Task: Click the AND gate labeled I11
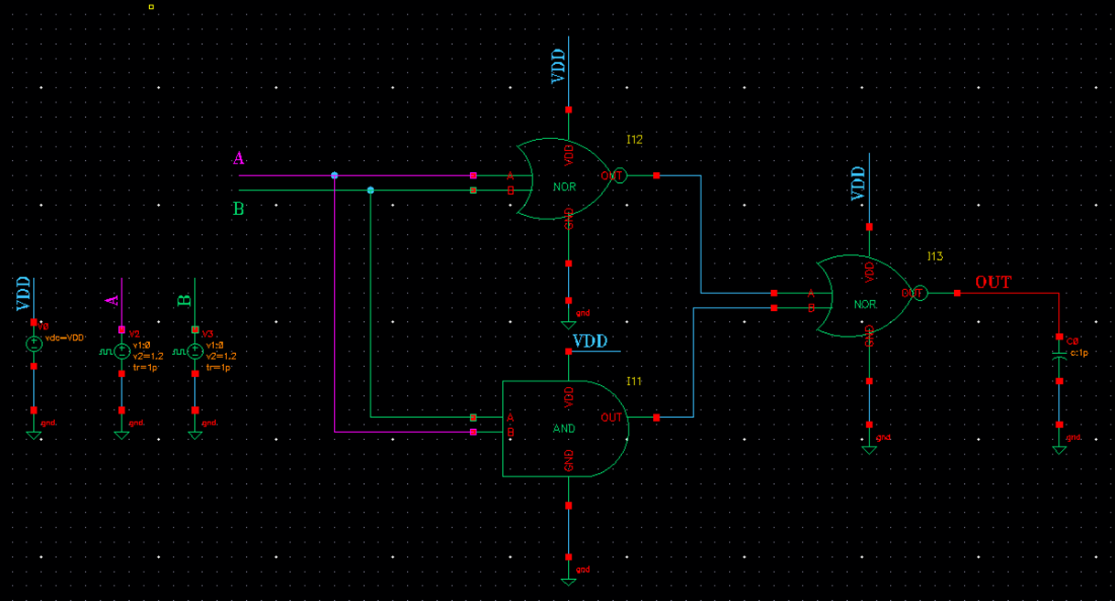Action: [x=563, y=428]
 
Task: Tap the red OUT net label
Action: [x=992, y=283]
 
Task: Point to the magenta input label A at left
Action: [x=239, y=159]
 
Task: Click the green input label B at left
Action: [x=239, y=209]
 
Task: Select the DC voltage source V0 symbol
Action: [x=34, y=344]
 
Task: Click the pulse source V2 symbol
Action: [x=122, y=351]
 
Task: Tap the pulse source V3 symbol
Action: [x=195, y=351]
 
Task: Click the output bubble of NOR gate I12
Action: [x=619, y=176]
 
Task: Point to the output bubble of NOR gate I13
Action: [x=920, y=294]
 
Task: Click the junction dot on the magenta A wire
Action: [x=335, y=176]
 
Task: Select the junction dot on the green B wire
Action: [x=370, y=190]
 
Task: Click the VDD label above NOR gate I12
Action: [x=559, y=66]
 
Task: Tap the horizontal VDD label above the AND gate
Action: [x=590, y=342]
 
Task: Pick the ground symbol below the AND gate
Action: [x=568, y=580]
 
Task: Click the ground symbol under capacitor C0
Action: [x=1059, y=448]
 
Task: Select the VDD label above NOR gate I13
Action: [x=859, y=183]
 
